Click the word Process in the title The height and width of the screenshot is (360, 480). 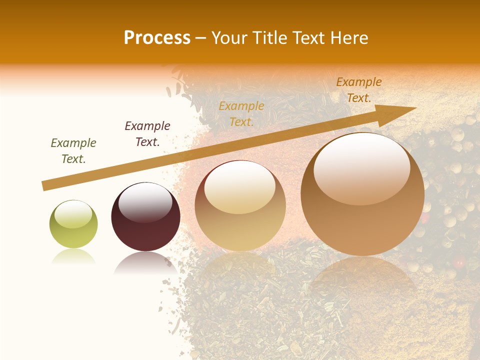(x=157, y=38)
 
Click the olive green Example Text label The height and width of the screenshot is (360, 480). (x=73, y=151)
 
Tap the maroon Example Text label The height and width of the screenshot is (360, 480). (x=147, y=134)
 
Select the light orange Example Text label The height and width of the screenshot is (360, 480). (x=241, y=113)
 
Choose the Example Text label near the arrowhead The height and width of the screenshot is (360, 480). (x=358, y=90)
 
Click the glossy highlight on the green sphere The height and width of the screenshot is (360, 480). (x=73, y=214)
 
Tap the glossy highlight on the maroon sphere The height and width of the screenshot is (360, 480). (x=145, y=202)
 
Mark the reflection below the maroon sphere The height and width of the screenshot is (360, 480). (x=145, y=262)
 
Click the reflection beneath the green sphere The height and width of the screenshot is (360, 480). (x=73, y=256)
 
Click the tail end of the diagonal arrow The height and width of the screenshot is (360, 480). (x=45, y=186)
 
